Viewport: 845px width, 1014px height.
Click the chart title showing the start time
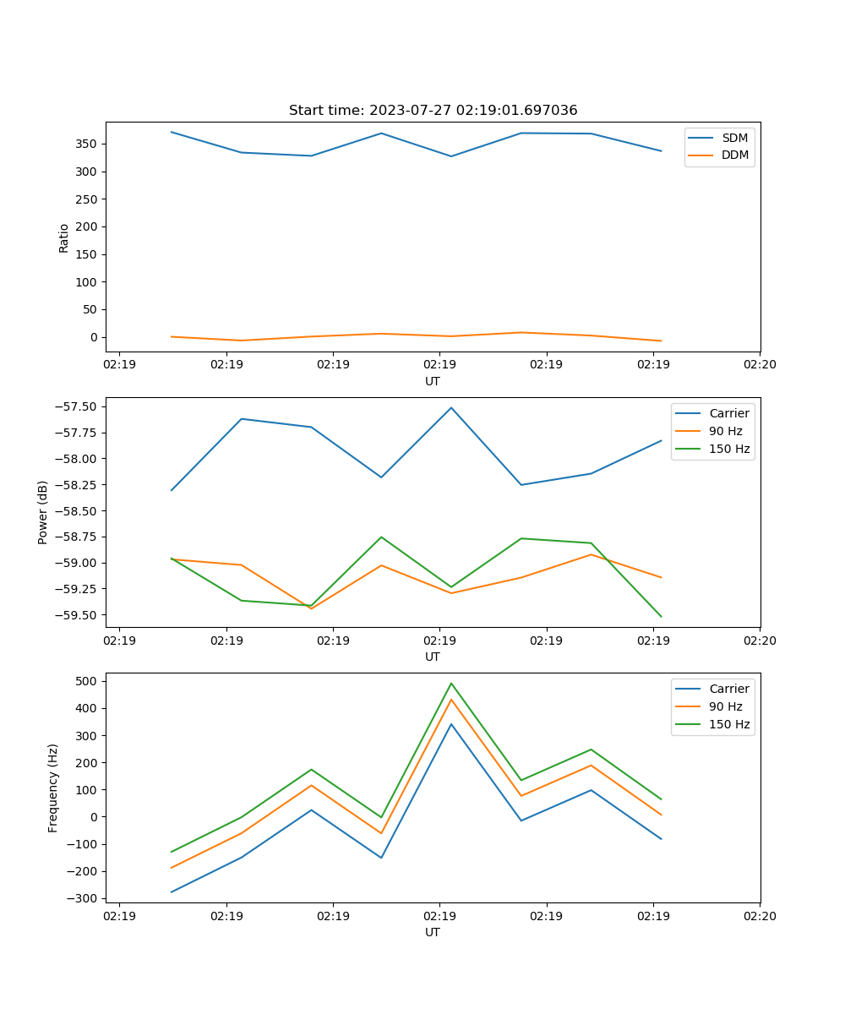433,111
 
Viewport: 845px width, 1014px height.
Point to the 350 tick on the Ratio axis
88,144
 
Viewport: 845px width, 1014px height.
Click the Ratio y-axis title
64,237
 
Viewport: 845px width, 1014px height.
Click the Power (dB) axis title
43,512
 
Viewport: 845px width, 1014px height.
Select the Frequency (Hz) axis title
53,788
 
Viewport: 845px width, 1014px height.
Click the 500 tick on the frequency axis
88,681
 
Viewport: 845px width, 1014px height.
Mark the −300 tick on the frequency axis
84,898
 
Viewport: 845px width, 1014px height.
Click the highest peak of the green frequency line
451,684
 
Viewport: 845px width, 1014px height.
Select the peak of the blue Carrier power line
451,408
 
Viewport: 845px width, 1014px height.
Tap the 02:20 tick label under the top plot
759,365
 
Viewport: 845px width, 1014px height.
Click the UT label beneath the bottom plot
433,932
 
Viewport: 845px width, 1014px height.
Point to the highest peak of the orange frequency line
451,700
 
